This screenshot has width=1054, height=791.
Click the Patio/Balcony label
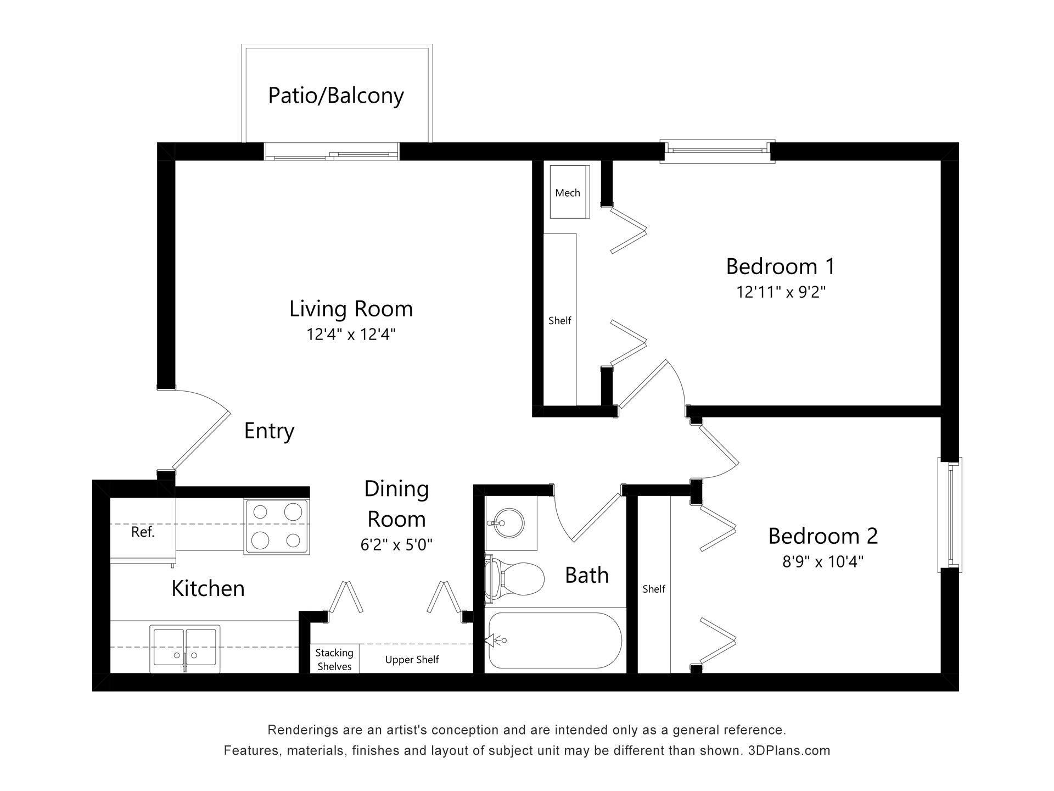pos(336,96)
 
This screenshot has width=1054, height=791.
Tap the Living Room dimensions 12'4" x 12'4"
pos(351,334)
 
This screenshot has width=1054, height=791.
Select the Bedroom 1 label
pos(780,266)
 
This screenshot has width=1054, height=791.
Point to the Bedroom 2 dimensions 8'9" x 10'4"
pos(823,562)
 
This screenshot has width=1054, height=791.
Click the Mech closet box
pos(570,192)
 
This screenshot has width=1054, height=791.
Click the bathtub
pos(555,640)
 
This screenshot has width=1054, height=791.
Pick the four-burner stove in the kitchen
pos(277,526)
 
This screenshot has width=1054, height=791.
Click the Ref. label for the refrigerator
pos(143,532)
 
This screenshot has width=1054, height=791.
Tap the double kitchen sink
pos(185,649)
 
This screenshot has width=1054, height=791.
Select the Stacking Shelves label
pos(334,659)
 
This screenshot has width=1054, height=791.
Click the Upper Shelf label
pos(412,660)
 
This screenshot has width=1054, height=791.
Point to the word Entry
pos(269,431)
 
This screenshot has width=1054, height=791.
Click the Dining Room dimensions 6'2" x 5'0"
pos(396,545)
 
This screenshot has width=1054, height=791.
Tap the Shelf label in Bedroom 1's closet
pos(560,320)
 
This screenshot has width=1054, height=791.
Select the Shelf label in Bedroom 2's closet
pos(654,589)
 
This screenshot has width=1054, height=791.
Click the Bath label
pos(587,575)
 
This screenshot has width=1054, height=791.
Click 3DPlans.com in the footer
pos(789,750)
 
